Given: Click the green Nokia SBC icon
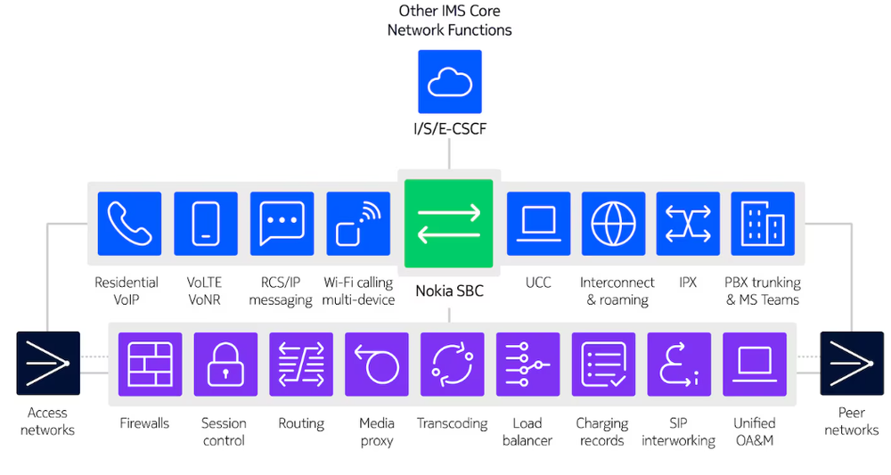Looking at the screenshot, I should coord(449,224).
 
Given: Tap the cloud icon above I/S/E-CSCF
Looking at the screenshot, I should coord(450,82).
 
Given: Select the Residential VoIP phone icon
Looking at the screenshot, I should coord(130,224).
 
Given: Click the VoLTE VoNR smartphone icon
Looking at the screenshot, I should coord(206,224).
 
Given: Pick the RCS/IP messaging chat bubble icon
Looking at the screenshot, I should coord(282,224).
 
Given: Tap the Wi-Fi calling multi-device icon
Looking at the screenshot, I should coord(358,224).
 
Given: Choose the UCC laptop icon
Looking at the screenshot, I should coord(538,224).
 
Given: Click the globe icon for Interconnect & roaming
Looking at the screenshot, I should coord(614,224).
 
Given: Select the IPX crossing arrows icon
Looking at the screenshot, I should coord(688,224).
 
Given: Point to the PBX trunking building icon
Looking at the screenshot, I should coord(763,224).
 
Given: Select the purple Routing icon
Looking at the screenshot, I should coord(301,364).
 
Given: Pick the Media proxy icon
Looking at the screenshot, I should coord(377,364).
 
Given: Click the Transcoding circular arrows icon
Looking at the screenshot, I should coord(452,364).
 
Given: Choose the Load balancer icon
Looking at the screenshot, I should coord(527,364).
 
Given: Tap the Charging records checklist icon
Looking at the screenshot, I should coord(603,364).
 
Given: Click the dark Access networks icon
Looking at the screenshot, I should coord(48,364).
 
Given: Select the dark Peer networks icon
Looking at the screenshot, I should coord(852,364).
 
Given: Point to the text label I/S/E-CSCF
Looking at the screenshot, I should coord(450,130).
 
